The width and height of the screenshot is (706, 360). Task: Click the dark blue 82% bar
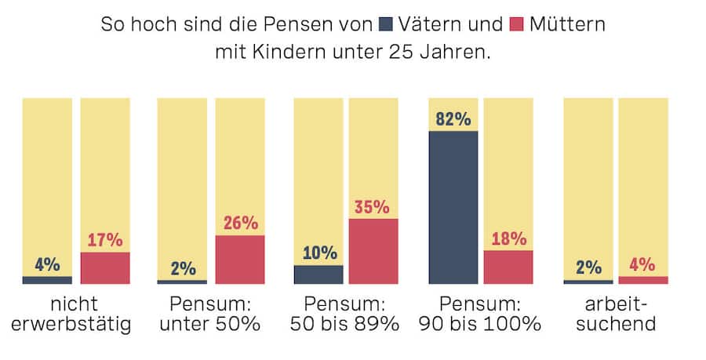coord(453,206)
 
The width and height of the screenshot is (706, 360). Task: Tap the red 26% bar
coord(240,259)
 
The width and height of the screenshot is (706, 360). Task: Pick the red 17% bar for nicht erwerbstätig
coord(105,267)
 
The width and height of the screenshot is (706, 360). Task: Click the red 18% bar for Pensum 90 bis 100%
coord(508,267)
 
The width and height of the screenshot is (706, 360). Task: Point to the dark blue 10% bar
coord(318,274)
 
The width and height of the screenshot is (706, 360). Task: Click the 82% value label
coord(453,120)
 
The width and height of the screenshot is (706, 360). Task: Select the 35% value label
coord(373,208)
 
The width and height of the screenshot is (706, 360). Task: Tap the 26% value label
coord(240,224)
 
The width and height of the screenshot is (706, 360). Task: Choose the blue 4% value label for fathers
coord(47,264)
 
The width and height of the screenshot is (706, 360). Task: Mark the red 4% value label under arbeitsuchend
coord(642,264)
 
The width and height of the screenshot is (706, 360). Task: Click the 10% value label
coord(318,253)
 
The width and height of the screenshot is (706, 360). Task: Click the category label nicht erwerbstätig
coord(76,314)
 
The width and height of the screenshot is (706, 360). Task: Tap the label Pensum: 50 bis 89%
coord(344,314)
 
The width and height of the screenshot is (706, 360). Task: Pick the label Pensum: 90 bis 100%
coord(480,314)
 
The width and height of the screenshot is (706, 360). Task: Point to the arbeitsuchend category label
coord(616,314)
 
